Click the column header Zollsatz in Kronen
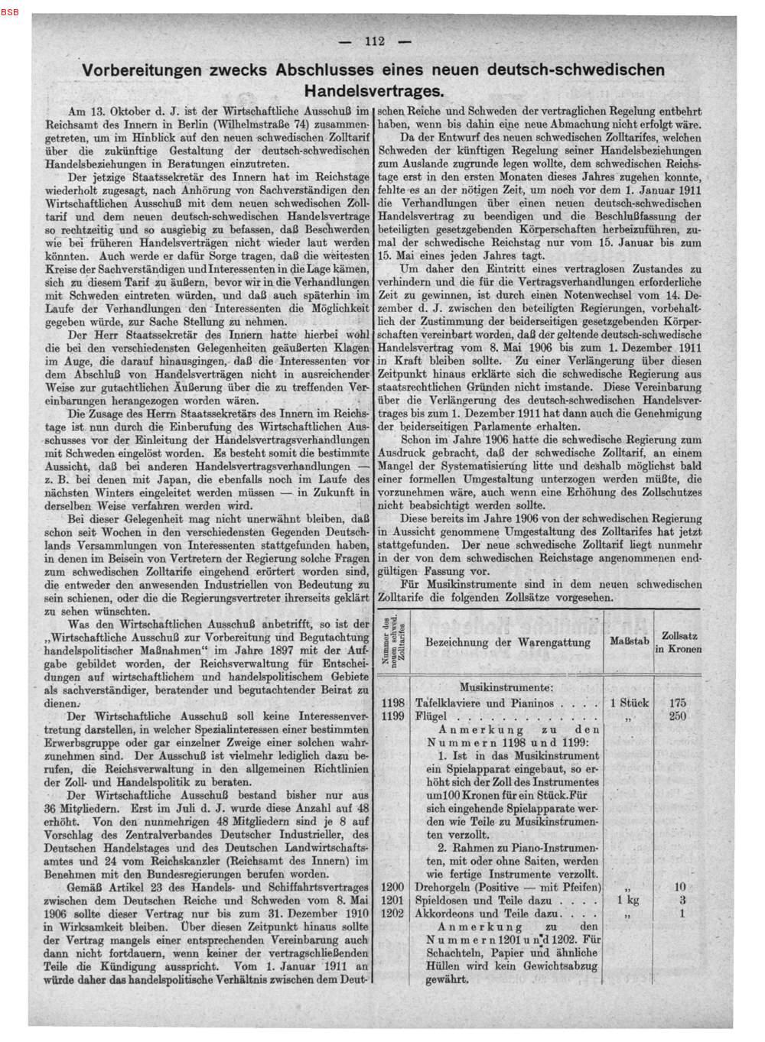(677, 641)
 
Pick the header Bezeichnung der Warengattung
(507, 641)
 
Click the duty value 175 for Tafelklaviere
(677, 703)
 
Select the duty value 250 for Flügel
(677, 716)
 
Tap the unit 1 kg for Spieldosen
(629, 900)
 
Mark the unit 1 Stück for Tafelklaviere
(629, 703)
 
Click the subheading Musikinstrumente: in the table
(506, 687)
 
